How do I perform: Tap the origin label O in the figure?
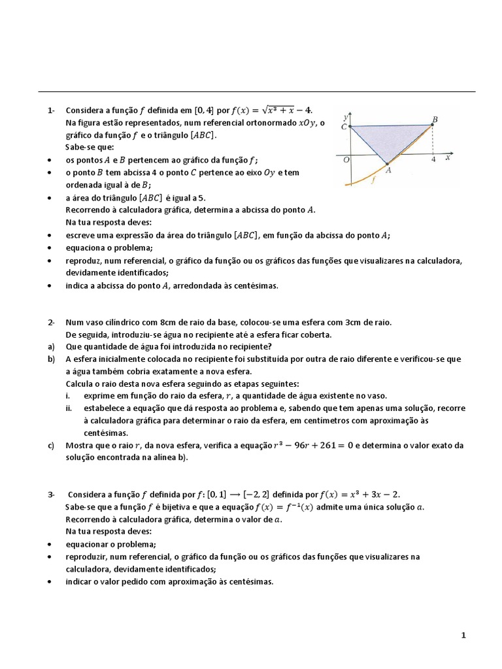point(346,159)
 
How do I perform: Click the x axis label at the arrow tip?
point(448,158)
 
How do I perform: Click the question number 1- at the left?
point(52,110)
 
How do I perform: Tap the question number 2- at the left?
point(52,322)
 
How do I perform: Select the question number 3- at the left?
point(52,494)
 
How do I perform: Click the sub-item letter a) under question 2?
point(51,346)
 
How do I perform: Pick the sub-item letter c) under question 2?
point(51,445)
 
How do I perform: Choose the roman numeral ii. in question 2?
point(68,408)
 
